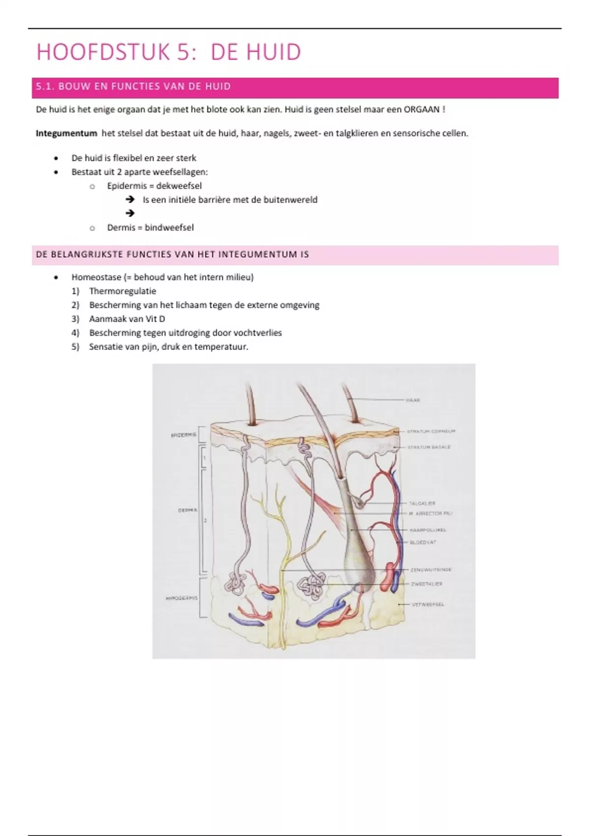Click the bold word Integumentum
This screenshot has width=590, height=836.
point(66,133)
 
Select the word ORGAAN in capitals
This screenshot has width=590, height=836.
point(421,110)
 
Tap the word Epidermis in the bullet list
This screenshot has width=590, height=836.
point(127,186)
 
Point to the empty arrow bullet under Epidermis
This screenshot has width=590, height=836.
point(130,213)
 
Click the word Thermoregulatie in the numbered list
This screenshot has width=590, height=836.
point(122,291)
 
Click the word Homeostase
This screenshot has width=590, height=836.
point(96,277)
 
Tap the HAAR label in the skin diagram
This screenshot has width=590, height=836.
point(413,400)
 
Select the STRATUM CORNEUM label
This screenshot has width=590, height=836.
point(431,431)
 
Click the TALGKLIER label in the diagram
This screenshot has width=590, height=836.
point(422,504)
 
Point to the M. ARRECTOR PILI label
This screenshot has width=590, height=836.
point(430,513)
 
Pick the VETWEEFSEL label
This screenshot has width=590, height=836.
point(427,604)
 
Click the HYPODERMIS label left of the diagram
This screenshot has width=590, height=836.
point(181,598)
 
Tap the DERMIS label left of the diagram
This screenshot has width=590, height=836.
point(187,510)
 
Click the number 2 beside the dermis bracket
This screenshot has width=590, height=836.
point(205,520)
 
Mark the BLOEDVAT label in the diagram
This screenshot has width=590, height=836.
point(423,542)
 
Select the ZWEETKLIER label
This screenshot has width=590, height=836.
point(426,584)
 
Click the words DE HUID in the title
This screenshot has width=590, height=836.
point(256,52)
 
